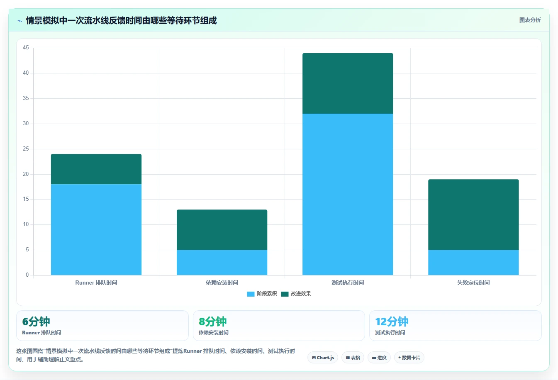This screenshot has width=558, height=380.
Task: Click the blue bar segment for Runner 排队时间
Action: (96, 229)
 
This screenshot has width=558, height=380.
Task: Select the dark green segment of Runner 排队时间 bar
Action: (96, 169)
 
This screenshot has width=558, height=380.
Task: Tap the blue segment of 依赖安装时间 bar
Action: (222, 263)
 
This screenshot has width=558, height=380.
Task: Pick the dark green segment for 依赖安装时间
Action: (222, 229)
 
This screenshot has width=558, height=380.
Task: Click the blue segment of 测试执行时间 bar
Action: (348, 194)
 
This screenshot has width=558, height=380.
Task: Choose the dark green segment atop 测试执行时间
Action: (348, 83)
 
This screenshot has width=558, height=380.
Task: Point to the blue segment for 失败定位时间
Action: (473, 263)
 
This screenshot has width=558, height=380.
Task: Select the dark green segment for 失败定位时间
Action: (473, 214)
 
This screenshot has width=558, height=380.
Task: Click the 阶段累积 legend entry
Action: (262, 294)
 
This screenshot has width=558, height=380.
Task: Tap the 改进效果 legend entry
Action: (296, 294)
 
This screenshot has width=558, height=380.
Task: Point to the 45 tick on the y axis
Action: (26, 48)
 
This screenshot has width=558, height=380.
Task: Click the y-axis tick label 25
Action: (26, 149)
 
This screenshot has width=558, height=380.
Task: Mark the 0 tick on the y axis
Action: (27, 275)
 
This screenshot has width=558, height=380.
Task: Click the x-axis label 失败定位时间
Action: (473, 283)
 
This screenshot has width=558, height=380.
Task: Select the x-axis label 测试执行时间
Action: (348, 283)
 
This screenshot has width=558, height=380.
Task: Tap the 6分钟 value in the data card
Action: (36, 322)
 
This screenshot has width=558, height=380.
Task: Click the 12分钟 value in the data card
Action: (392, 322)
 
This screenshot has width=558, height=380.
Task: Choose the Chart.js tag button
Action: (323, 358)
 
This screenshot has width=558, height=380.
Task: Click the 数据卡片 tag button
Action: (409, 358)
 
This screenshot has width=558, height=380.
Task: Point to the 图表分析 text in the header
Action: (530, 20)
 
